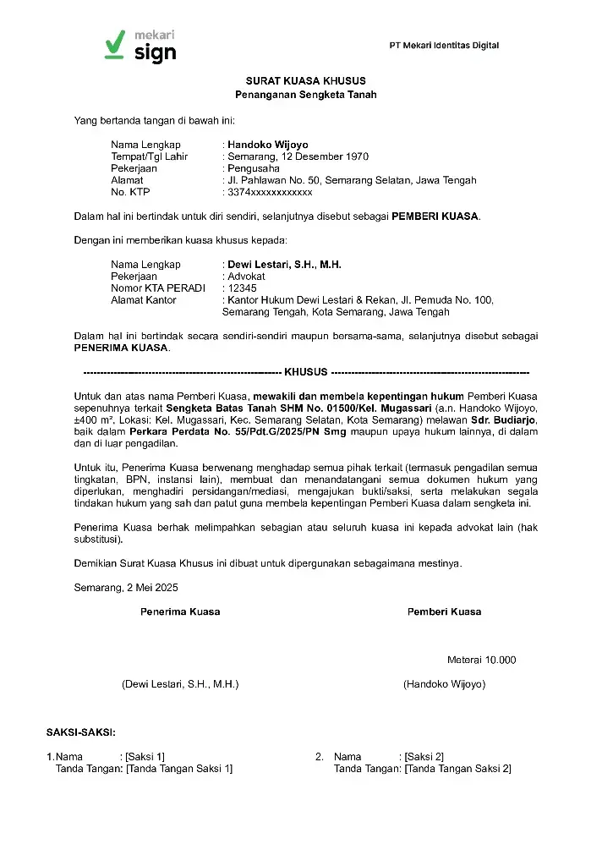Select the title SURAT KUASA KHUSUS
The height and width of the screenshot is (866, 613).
pos(306,80)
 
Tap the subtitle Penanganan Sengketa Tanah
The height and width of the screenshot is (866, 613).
pos(306,95)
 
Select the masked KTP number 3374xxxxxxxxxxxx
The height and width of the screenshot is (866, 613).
pos(270,192)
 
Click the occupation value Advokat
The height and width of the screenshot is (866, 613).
pos(246,277)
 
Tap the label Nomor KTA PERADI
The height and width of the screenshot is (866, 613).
pos(158,288)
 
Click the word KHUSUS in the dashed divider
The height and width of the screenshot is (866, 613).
pos(306,372)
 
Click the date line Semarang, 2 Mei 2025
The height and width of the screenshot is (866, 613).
pos(126,587)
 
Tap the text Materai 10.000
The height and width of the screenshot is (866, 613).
pos(481,660)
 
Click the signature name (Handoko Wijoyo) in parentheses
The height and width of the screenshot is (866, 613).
pos(444,684)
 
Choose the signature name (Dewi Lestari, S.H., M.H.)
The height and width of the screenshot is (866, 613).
pos(180,684)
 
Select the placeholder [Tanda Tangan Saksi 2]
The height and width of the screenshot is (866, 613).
pos(457,769)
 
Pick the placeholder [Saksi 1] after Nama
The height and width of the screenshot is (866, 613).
pos(145,757)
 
